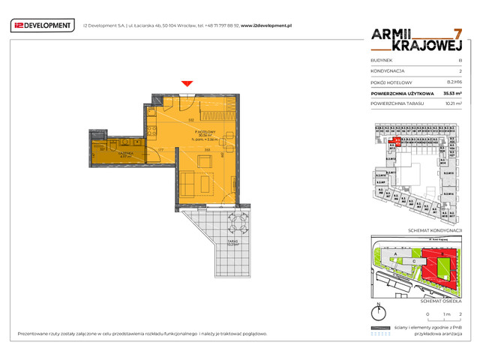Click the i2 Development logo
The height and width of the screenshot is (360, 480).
click(43, 25)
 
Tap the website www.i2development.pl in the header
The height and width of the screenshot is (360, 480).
click(265, 25)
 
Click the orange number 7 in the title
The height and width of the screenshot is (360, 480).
click(457, 34)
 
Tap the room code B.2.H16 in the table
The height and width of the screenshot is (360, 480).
click(454, 82)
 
